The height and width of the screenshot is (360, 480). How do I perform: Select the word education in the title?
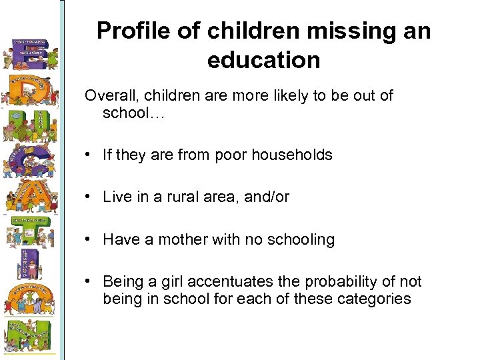[264, 60]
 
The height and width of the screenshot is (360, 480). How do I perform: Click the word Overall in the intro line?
[109, 95]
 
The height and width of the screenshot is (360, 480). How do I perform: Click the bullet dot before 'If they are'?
[88, 155]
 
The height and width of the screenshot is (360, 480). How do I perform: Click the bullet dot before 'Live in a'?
[88, 197]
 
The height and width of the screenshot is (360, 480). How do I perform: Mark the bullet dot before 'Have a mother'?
[88, 239]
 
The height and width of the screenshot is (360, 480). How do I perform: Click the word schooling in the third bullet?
[303, 239]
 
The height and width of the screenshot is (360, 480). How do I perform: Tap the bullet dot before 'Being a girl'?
[88, 281]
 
